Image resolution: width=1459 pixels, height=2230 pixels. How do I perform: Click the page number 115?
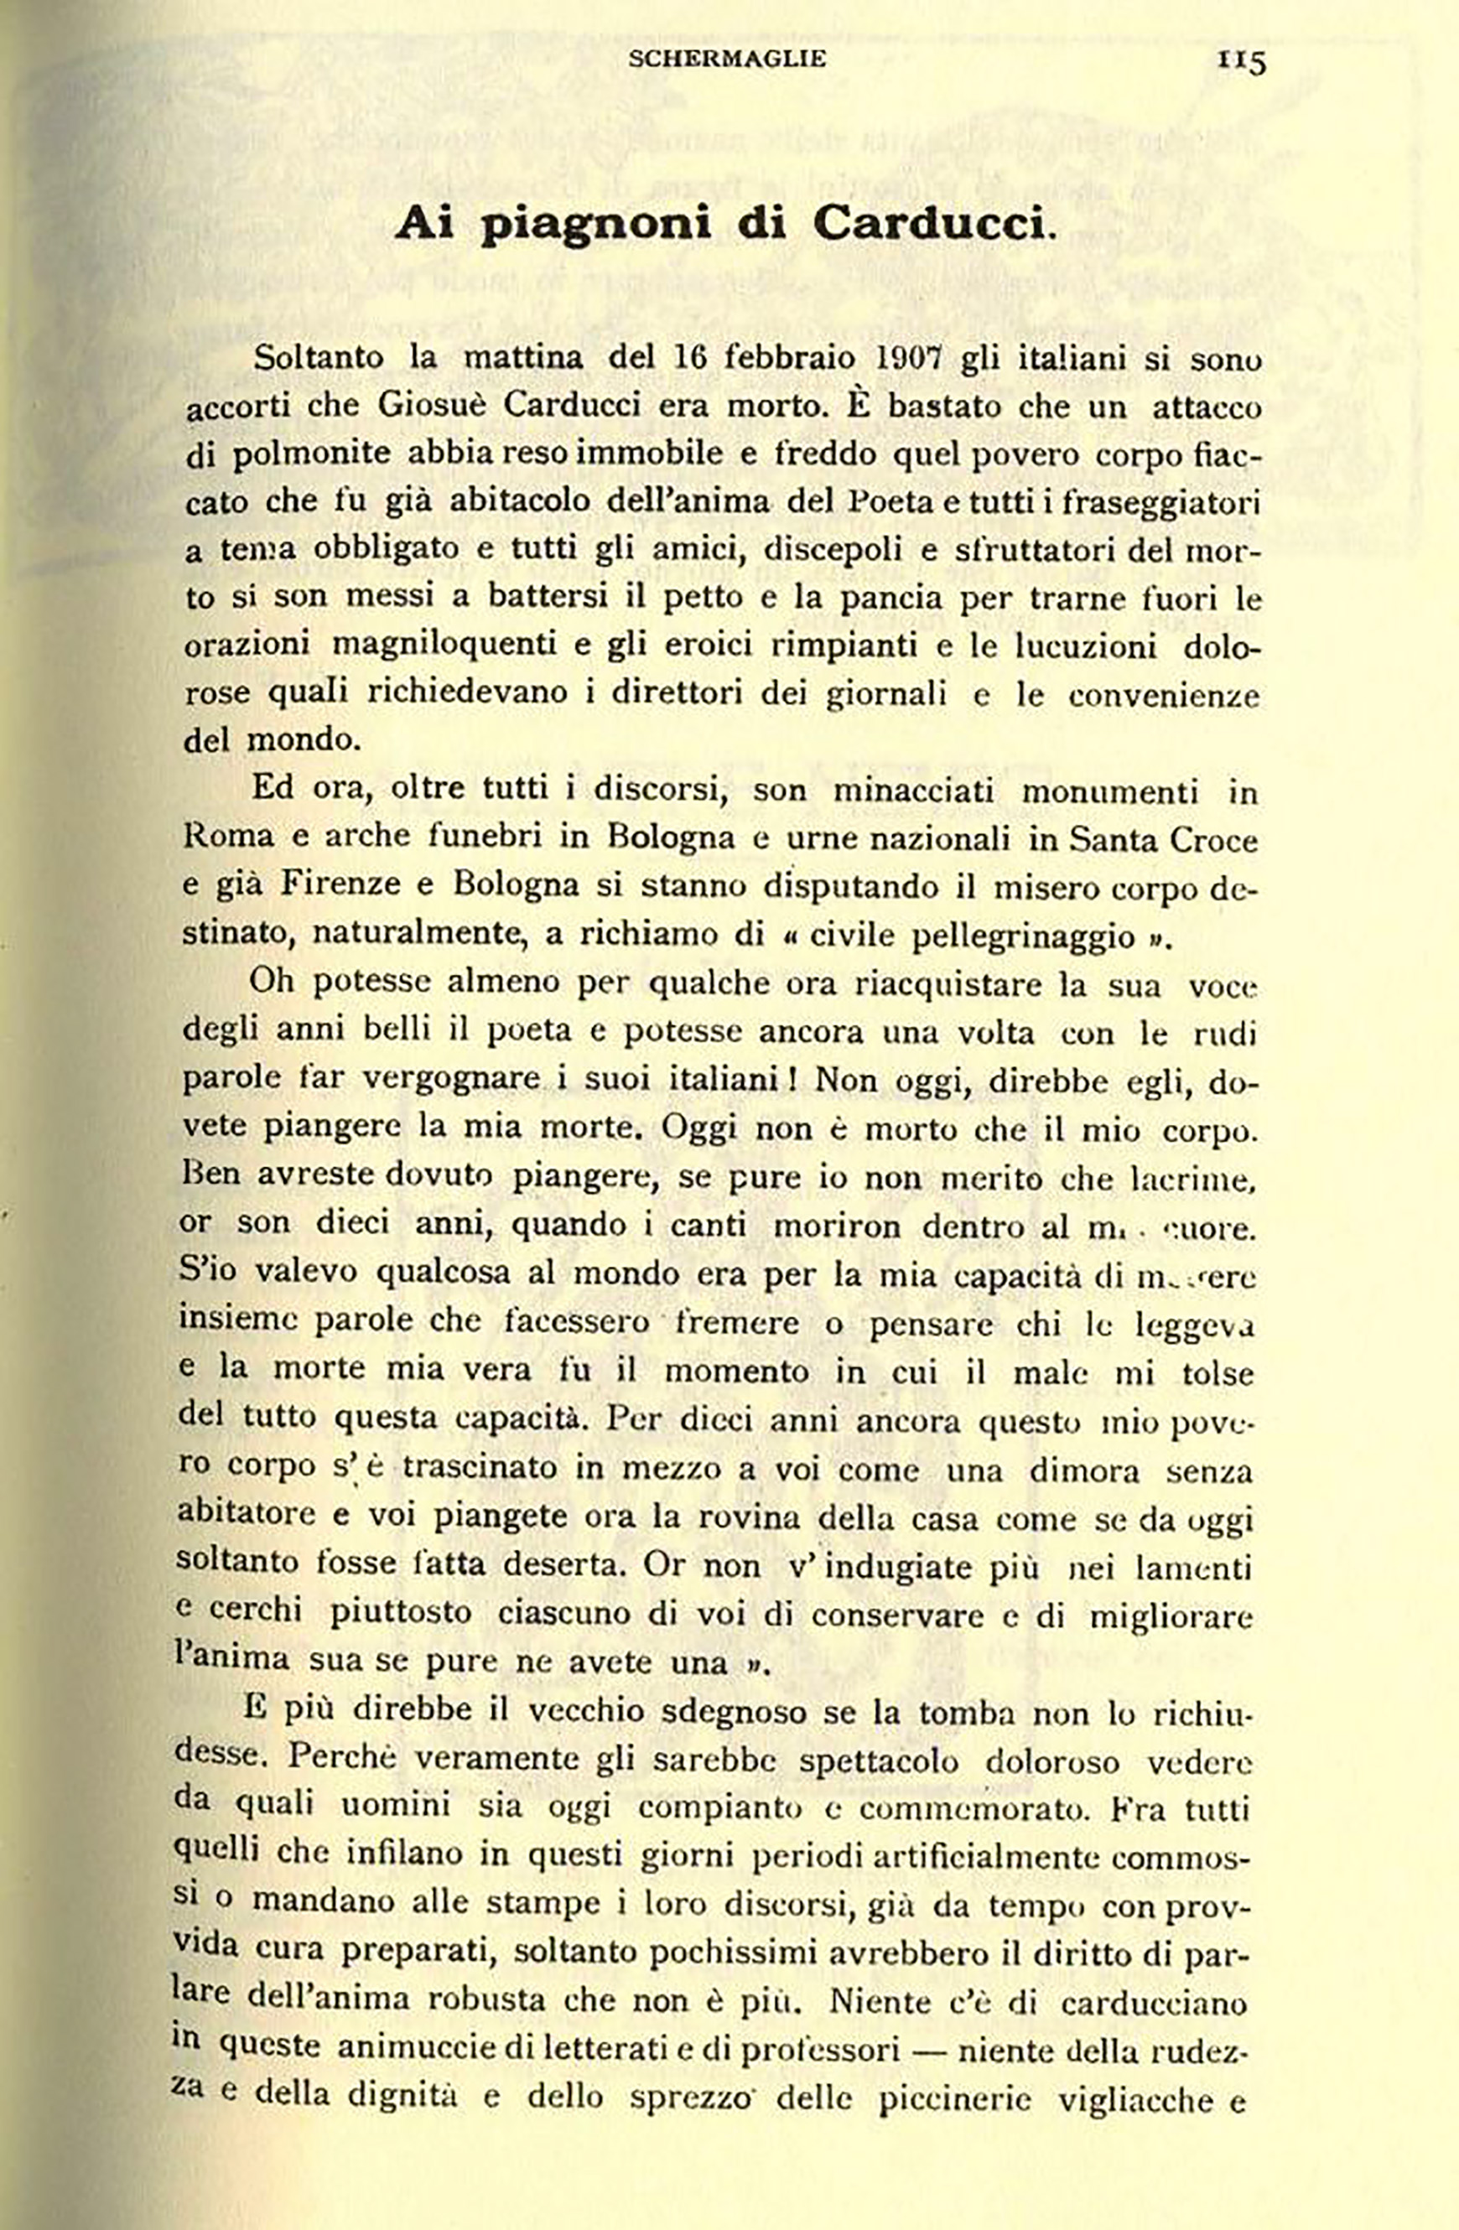tap(1242, 61)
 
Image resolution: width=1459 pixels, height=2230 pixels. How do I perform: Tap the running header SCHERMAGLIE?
tap(727, 59)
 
